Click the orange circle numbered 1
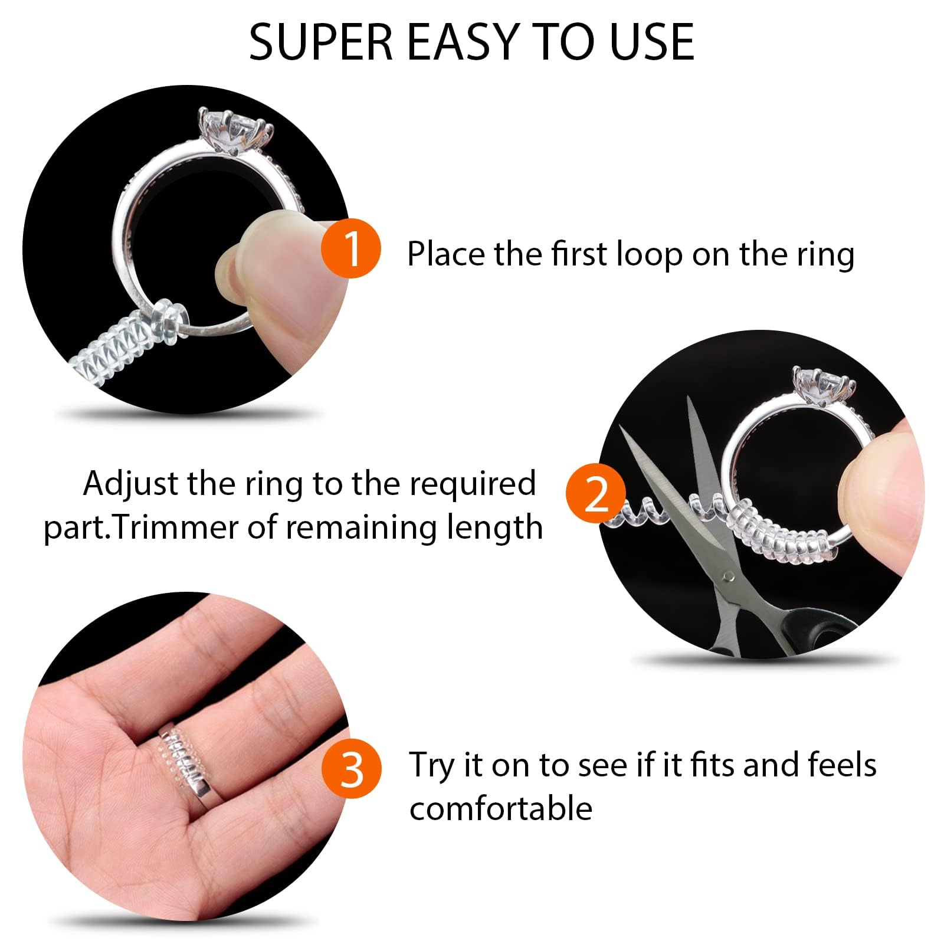(x=351, y=248)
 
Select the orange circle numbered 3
(x=352, y=769)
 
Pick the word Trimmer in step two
(x=176, y=527)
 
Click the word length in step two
(x=494, y=527)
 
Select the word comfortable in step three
(x=501, y=808)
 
